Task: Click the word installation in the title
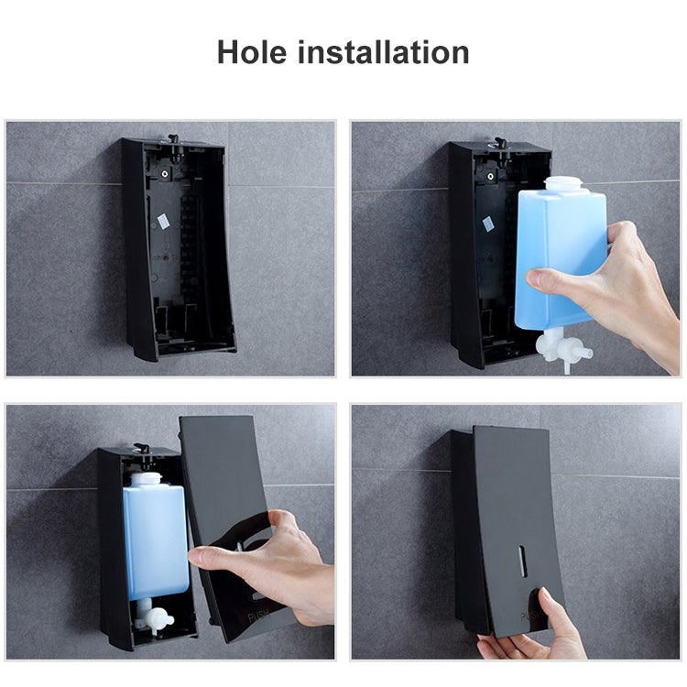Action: (385, 52)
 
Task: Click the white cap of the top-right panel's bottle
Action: (563, 183)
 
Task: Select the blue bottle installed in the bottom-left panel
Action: (155, 540)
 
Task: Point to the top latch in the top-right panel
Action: (499, 144)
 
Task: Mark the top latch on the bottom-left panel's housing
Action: (142, 449)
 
